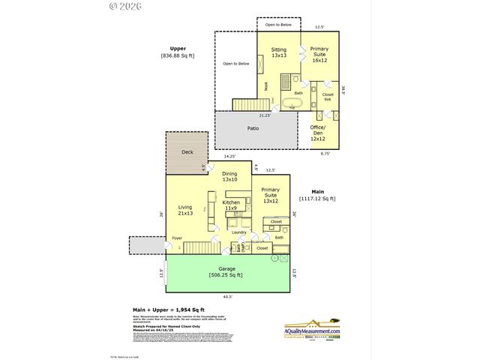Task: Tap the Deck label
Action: [187, 152]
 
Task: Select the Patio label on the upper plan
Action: [253, 128]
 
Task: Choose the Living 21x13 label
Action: [185, 211]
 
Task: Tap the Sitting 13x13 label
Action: [278, 53]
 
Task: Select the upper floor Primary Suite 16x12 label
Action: [320, 57]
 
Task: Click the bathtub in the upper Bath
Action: [292, 102]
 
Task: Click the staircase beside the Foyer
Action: [198, 247]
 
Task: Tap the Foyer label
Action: [177, 238]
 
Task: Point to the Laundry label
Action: [239, 232]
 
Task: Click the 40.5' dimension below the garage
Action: [226, 296]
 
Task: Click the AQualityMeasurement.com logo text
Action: [313, 331]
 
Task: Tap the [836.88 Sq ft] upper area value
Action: [177, 56]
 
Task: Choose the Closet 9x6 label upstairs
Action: [328, 97]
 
